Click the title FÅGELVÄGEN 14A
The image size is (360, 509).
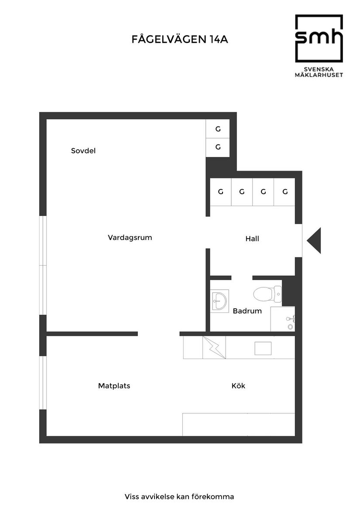(180, 40)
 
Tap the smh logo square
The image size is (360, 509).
(319, 38)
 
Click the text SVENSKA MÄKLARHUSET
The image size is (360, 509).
(319, 72)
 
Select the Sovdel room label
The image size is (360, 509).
(83, 151)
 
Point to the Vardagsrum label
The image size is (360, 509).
(130, 238)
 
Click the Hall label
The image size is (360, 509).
(252, 239)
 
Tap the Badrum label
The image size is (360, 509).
(247, 311)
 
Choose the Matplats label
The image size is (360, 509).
(114, 386)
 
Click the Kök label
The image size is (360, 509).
(238, 386)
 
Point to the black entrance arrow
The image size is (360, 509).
(314, 240)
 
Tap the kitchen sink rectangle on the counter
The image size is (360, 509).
(263, 348)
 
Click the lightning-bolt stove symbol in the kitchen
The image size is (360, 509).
(214, 348)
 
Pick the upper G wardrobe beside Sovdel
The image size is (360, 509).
(218, 129)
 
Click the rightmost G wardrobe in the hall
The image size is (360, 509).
(285, 191)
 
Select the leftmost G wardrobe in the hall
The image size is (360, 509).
(221, 191)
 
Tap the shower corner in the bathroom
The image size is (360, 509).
(283, 319)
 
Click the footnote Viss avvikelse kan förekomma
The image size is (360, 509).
(179, 496)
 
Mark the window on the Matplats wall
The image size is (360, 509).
(43, 383)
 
